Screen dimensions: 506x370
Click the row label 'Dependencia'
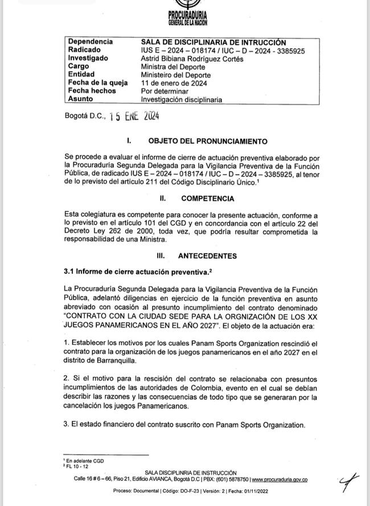point(90,42)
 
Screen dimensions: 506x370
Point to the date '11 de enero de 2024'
point(176,83)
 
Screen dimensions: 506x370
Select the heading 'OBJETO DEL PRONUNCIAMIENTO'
point(208,140)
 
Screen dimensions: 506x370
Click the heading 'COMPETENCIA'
point(207,198)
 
